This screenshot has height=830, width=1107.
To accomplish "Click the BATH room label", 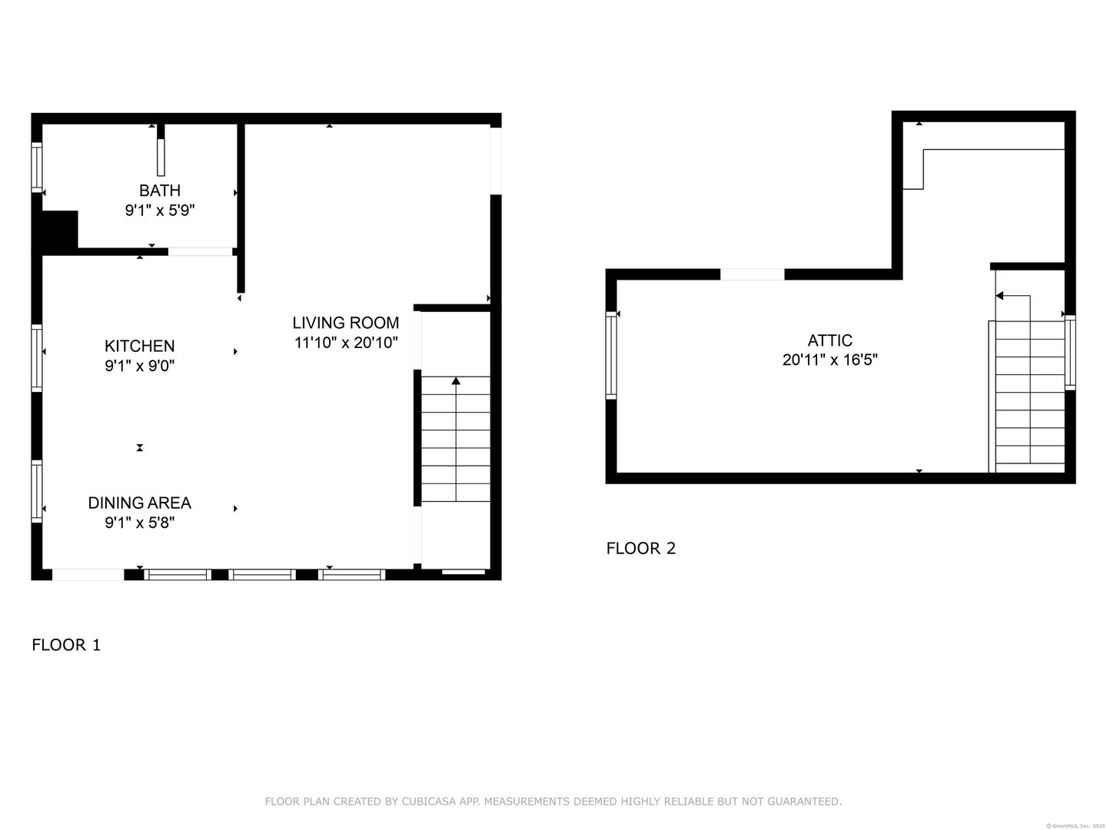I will click(160, 191).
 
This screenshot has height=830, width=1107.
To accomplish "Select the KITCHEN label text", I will click(140, 347).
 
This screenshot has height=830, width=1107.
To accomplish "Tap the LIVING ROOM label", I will click(346, 323).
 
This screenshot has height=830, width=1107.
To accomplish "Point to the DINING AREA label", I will click(139, 503).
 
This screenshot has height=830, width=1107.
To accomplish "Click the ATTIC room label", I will click(830, 340).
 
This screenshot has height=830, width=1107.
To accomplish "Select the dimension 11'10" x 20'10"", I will click(346, 343).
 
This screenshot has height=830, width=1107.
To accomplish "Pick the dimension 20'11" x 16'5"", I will click(830, 360).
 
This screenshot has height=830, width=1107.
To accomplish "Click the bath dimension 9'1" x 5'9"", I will click(160, 210).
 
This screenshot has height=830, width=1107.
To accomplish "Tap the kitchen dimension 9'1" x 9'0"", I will click(140, 367).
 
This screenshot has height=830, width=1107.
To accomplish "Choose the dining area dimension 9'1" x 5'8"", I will click(139, 523).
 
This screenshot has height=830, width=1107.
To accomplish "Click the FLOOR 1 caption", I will click(66, 645).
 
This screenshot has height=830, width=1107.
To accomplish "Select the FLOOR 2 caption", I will click(641, 548).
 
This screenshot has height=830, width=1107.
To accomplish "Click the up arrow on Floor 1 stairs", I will click(456, 381).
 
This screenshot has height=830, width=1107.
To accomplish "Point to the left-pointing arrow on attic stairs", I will click(1000, 296).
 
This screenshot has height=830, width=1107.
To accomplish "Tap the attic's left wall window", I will click(611, 354).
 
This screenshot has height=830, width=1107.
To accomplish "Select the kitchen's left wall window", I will click(36, 357).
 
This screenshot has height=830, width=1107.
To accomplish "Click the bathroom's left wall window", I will click(36, 167).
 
